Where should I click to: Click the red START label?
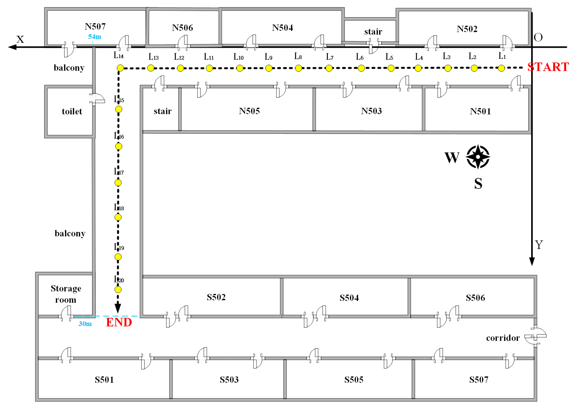coord(548,67)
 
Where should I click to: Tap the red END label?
coord(119,322)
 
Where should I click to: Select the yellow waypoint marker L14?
coord(120,68)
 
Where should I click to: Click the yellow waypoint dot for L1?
coord(501,68)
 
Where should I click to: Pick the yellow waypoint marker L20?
coord(118,289)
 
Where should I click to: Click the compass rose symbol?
coord(478,157)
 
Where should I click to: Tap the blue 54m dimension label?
coord(94,37)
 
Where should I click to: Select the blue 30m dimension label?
coord(85,324)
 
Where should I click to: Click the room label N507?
coord(95,26)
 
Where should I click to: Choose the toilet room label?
coord(72,111)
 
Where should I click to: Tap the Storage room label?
coord(66,294)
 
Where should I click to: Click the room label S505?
coord(354,380)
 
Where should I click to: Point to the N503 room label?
coord(371,111)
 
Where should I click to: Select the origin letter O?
coord(538,37)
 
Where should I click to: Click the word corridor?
coord(503,338)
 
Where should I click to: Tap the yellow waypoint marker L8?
coord(298,68)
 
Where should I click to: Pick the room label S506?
coord(475,298)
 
